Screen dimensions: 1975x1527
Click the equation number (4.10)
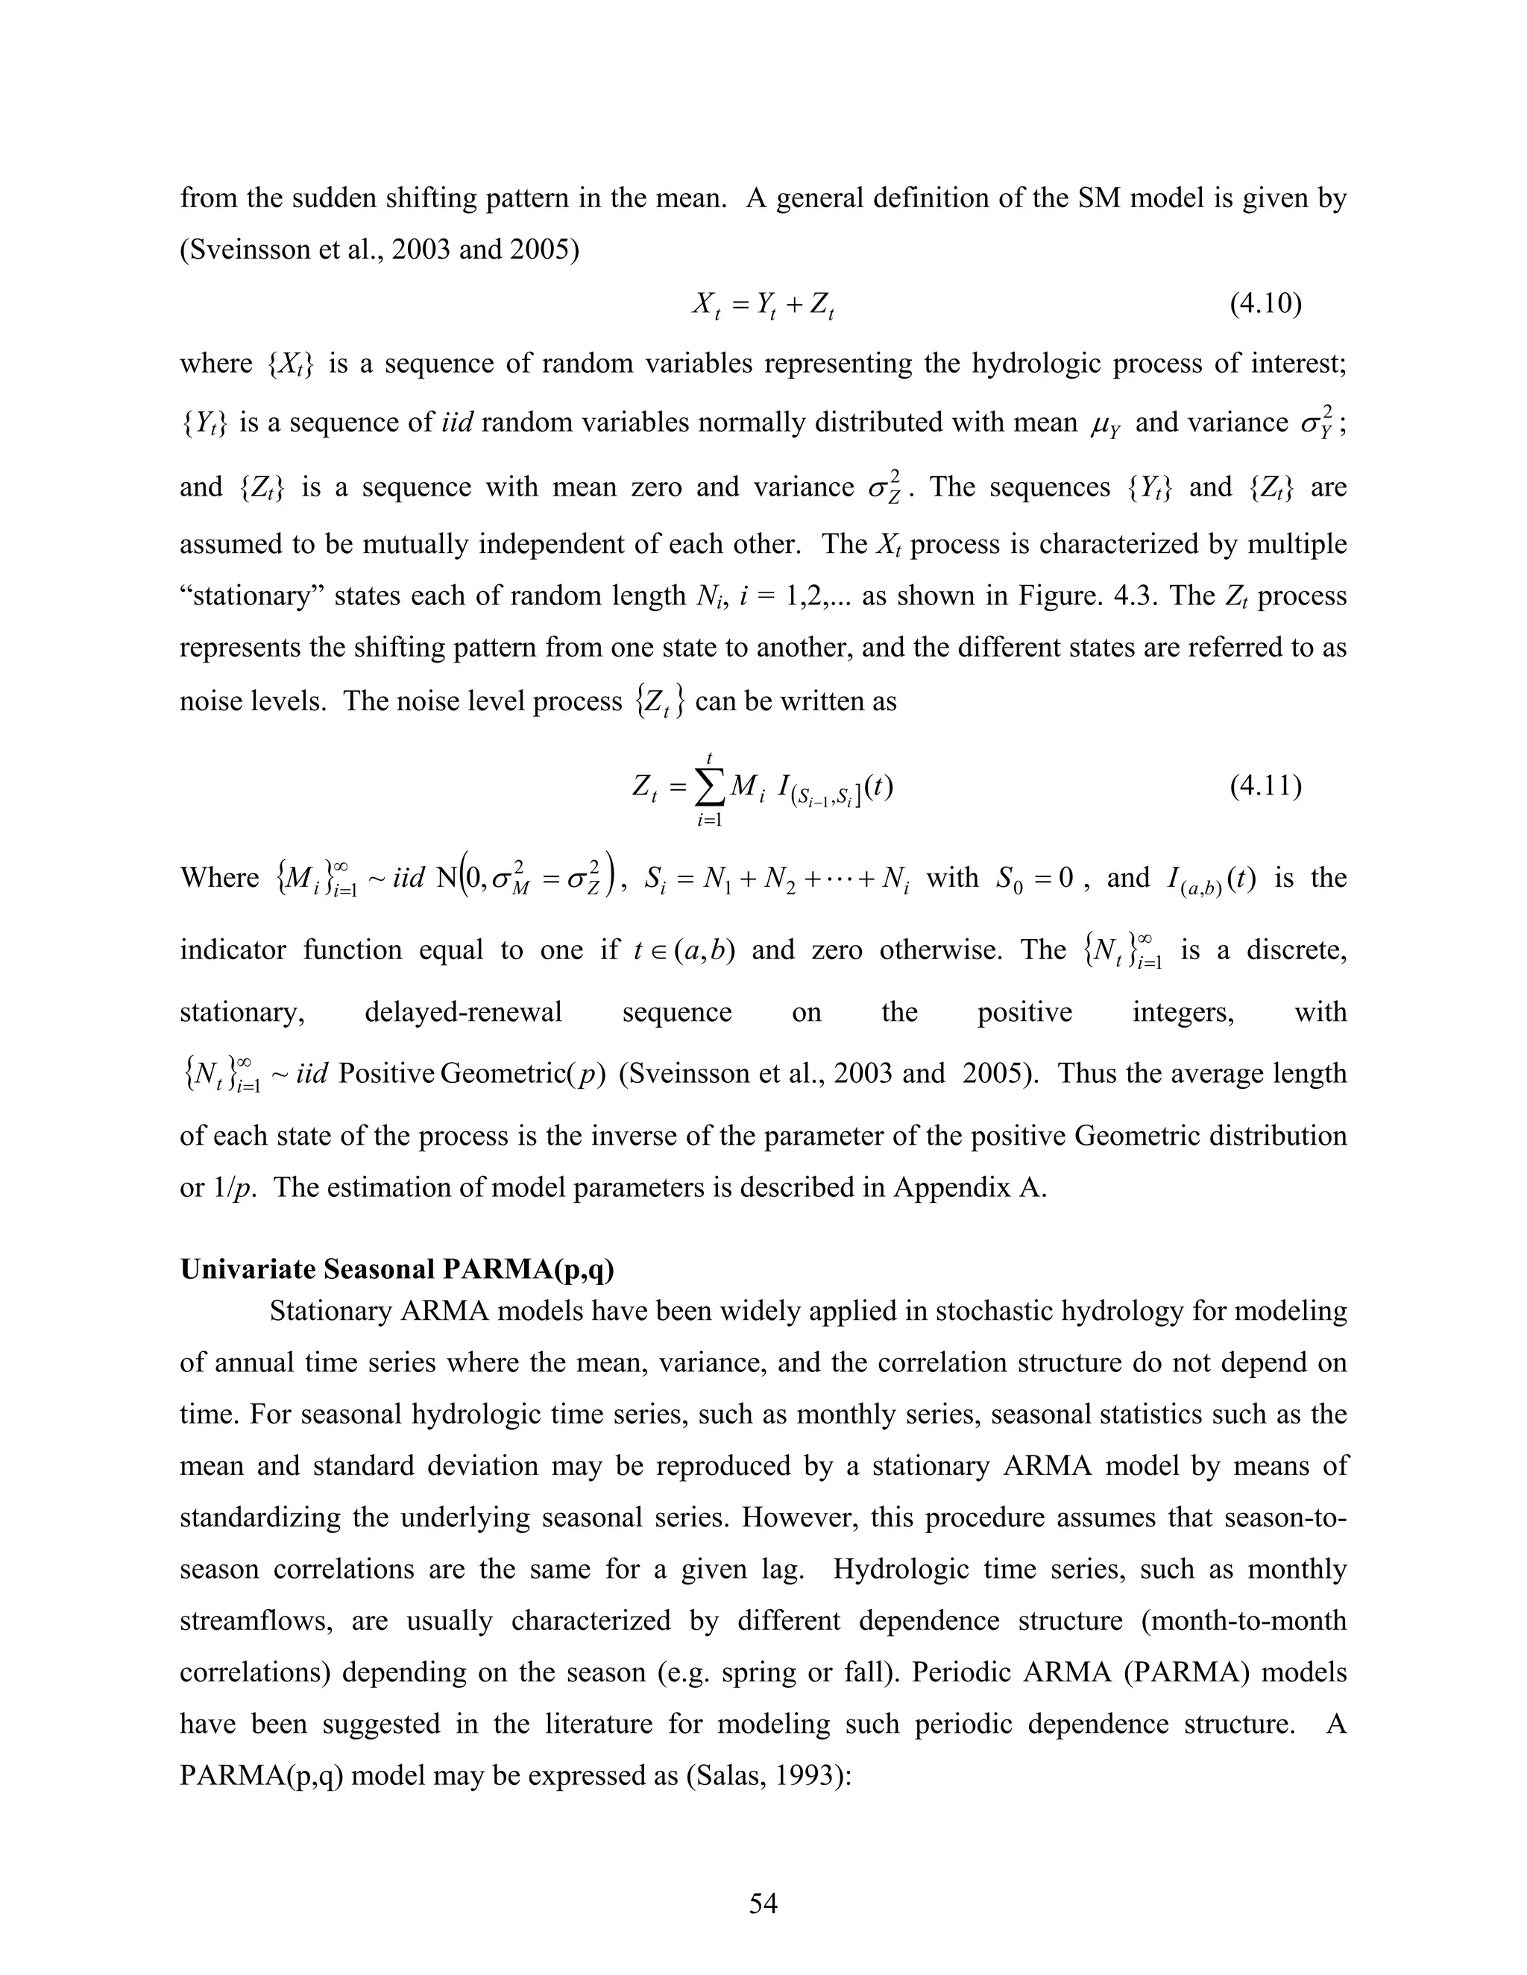[x=1265, y=305]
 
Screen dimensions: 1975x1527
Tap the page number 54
[x=763, y=1903]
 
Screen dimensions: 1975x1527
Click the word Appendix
[x=954, y=1186]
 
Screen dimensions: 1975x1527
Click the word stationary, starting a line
[x=242, y=1012]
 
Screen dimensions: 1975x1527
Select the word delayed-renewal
[x=463, y=1012]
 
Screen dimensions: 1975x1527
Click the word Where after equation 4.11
[x=219, y=878]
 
